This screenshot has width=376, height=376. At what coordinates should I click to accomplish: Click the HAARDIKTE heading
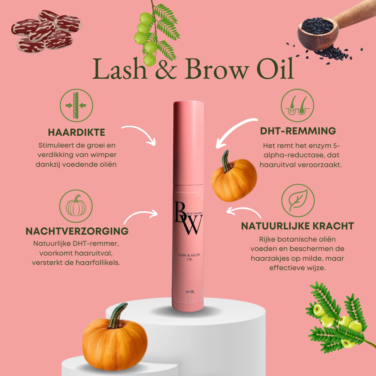click(77, 132)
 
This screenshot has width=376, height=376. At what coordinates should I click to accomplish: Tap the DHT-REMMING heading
click(298, 131)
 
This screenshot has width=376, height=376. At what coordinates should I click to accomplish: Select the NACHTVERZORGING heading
click(77, 231)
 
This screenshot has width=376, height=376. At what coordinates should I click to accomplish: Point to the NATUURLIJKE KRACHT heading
click(297, 226)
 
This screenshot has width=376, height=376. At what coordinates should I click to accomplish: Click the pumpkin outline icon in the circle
click(76, 206)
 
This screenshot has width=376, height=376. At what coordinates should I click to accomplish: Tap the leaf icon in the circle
click(298, 200)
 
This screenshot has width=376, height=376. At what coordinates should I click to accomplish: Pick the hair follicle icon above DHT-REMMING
click(297, 105)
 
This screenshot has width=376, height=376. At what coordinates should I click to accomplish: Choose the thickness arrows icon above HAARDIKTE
click(76, 105)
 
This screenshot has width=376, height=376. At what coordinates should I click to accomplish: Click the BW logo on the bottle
click(188, 218)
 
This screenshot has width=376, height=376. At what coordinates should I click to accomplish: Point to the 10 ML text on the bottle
click(190, 292)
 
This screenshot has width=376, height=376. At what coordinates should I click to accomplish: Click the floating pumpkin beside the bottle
click(234, 177)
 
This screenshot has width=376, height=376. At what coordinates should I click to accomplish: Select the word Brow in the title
click(217, 69)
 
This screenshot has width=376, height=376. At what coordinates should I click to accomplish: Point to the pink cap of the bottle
click(189, 143)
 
